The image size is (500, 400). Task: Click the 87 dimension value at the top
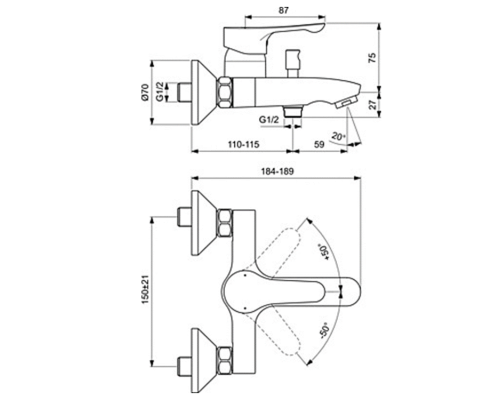(283, 10)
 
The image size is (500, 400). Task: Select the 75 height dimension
(372, 58)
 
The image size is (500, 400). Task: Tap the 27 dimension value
(373, 105)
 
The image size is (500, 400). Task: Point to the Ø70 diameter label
(144, 92)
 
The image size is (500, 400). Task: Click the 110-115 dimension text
(243, 144)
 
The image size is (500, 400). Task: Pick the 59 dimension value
(319, 144)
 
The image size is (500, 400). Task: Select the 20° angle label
(339, 137)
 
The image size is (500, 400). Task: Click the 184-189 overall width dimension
(277, 171)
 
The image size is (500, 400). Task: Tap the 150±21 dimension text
(145, 289)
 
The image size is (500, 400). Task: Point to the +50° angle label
(324, 252)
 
